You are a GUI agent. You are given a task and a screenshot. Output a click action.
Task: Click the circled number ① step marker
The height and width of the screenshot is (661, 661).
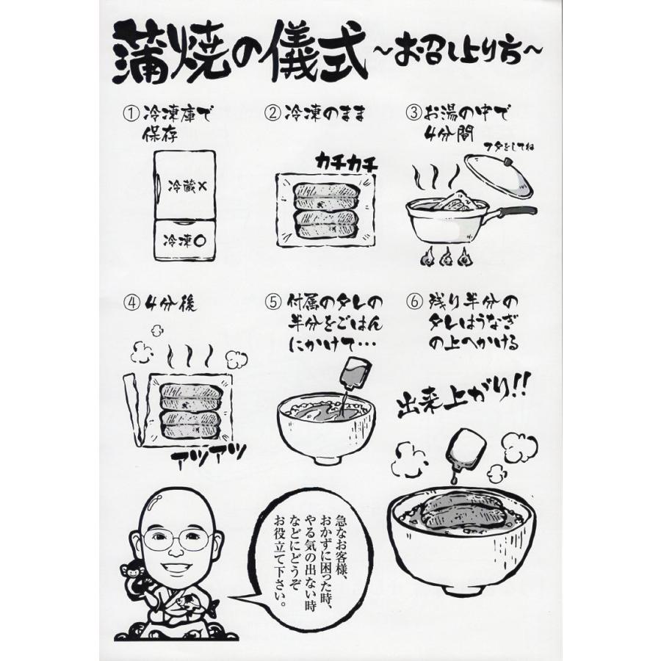pos(131,115)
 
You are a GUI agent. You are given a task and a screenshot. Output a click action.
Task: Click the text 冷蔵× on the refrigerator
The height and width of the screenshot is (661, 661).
pos(187,187)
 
